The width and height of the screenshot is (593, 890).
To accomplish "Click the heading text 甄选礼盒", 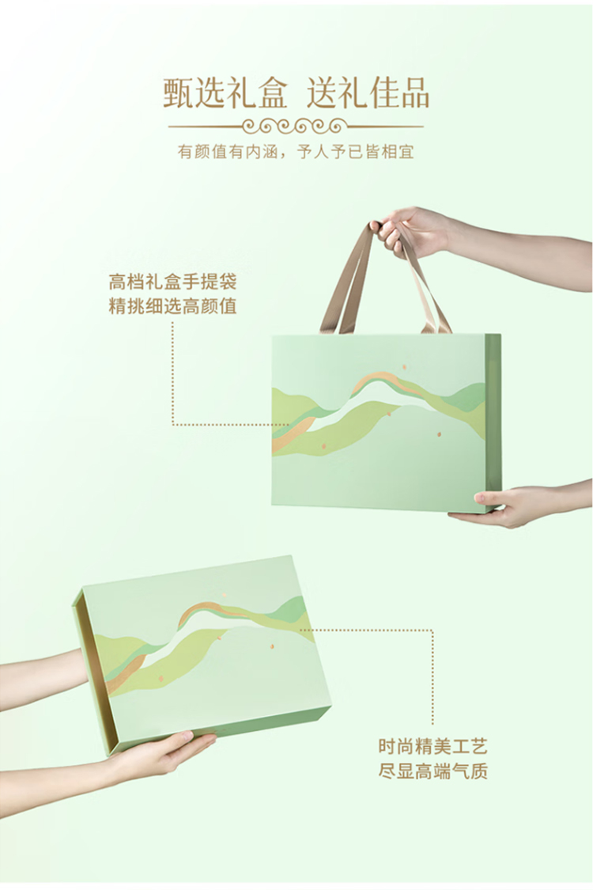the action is click(x=225, y=93).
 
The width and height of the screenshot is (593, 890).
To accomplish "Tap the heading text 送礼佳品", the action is click(x=368, y=93).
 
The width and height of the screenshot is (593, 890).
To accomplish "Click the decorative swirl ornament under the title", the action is click(x=296, y=126).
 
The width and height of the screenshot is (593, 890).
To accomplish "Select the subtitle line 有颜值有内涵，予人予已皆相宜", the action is click(x=296, y=152).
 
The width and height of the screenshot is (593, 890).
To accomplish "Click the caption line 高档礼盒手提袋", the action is click(x=172, y=282).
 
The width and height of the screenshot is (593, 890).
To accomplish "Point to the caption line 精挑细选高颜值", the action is click(x=172, y=306).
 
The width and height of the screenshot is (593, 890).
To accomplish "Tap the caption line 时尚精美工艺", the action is click(x=433, y=746).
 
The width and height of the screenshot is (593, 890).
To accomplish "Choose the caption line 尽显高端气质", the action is click(x=433, y=771).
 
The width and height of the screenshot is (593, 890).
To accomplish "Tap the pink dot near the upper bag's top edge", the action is click(x=405, y=366).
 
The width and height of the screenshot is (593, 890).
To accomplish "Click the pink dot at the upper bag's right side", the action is click(x=439, y=435).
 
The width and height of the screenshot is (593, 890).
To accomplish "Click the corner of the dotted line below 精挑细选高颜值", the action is click(x=172, y=424).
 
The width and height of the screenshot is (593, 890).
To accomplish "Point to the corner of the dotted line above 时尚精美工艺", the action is click(x=433, y=630).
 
